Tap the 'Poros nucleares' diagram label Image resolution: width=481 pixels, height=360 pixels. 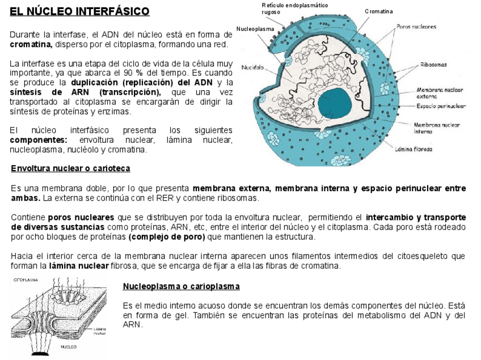coord(417,26)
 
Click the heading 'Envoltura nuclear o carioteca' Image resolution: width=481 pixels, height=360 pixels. coord(70,168)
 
